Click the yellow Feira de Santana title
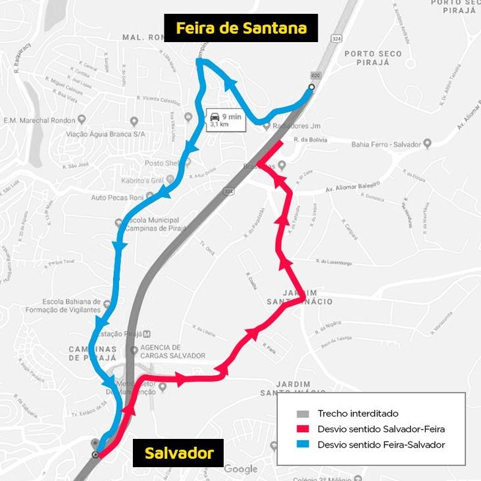pyautogui.click(x=241, y=28)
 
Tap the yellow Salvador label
pyautogui.click(x=179, y=453)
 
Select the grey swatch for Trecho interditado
pyautogui.click(x=303, y=414)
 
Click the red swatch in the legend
pyautogui.click(x=303, y=429)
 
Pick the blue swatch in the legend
pyautogui.click(x=303, y=445)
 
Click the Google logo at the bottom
pyautogui.click(x=240, y=469)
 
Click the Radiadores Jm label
pyautogui.click(x=278, y=127)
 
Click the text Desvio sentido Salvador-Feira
pyautogui.click(x=381, y=429)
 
